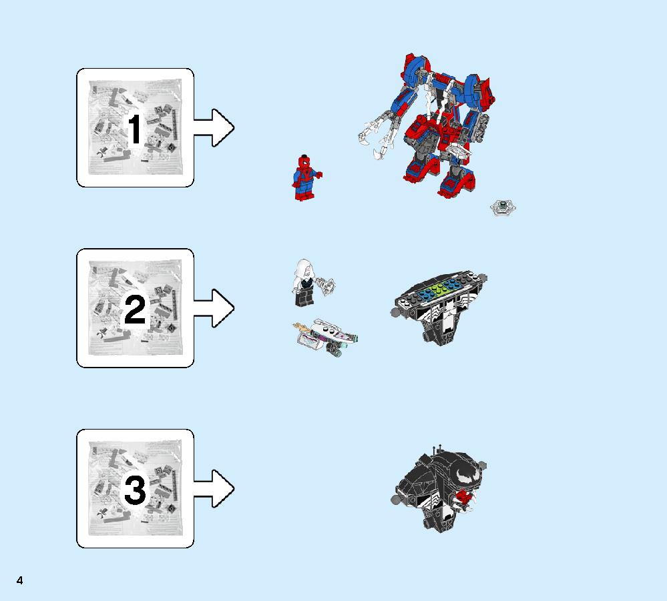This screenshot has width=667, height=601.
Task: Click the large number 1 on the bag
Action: [136, 129]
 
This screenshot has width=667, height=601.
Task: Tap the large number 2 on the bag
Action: [135, 310]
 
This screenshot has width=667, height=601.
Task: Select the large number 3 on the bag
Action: [135, 490]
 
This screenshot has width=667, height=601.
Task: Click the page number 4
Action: [19, 580]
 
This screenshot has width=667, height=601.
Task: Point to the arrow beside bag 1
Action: [214, 127]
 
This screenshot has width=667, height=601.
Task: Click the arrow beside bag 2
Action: [214, 308]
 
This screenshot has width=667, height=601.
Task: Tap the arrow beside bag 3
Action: [214, 488]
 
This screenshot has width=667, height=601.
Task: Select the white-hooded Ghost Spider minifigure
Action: [304, 283]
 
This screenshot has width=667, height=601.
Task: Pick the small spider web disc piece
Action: [503, 207]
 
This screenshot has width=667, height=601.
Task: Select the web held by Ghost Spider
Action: [328, 285]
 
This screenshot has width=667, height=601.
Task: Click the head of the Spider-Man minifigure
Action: [304, 162]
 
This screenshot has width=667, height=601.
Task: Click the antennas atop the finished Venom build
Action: [437, 450]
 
